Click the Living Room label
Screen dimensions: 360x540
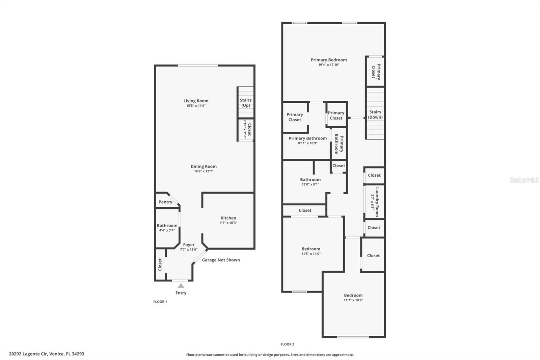(196, 101)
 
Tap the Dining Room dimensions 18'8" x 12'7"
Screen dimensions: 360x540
(204, 171)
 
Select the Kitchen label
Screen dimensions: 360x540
(228, 218)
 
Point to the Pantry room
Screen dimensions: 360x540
(165, 202)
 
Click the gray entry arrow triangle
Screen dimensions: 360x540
(181, 286)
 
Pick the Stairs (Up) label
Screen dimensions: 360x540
(246, 103)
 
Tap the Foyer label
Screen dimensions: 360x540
(189, 245)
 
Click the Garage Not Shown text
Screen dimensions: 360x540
(221, 260)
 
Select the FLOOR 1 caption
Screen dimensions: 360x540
(160, 302)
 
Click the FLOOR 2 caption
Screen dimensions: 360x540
(287, 344)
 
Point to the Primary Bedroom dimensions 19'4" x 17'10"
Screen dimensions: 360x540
(328, 65)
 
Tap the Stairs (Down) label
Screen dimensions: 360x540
(375, 114)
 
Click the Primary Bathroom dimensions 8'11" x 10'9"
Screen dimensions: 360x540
(307, 143)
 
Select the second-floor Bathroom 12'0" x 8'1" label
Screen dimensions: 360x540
(310, 180)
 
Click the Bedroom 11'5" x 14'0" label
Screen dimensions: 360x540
(311, 249)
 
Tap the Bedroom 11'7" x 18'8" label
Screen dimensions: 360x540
(353, 295)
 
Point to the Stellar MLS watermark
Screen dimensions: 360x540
(524, 180)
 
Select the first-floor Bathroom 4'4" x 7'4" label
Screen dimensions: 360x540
(167, 226)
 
